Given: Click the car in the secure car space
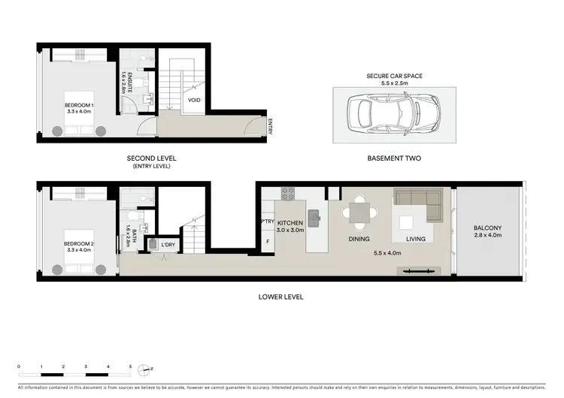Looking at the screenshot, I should tap(393, 113).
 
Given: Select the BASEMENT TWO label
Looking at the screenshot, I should tap(393, 158).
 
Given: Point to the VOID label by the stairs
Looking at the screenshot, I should tap(194, 99).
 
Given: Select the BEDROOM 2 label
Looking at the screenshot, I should tap(78, 245).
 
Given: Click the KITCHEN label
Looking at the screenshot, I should tap(290, 224).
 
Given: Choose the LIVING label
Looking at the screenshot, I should tap(416, 240).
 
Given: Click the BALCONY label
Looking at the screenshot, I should tap(488, 228).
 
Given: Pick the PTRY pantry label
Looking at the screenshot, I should tap(268, 222).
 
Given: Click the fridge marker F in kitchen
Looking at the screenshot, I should tap(268, 242).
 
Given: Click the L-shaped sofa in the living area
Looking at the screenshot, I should tap(418, 204).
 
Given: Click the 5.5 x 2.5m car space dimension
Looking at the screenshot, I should tap(393, 83).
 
